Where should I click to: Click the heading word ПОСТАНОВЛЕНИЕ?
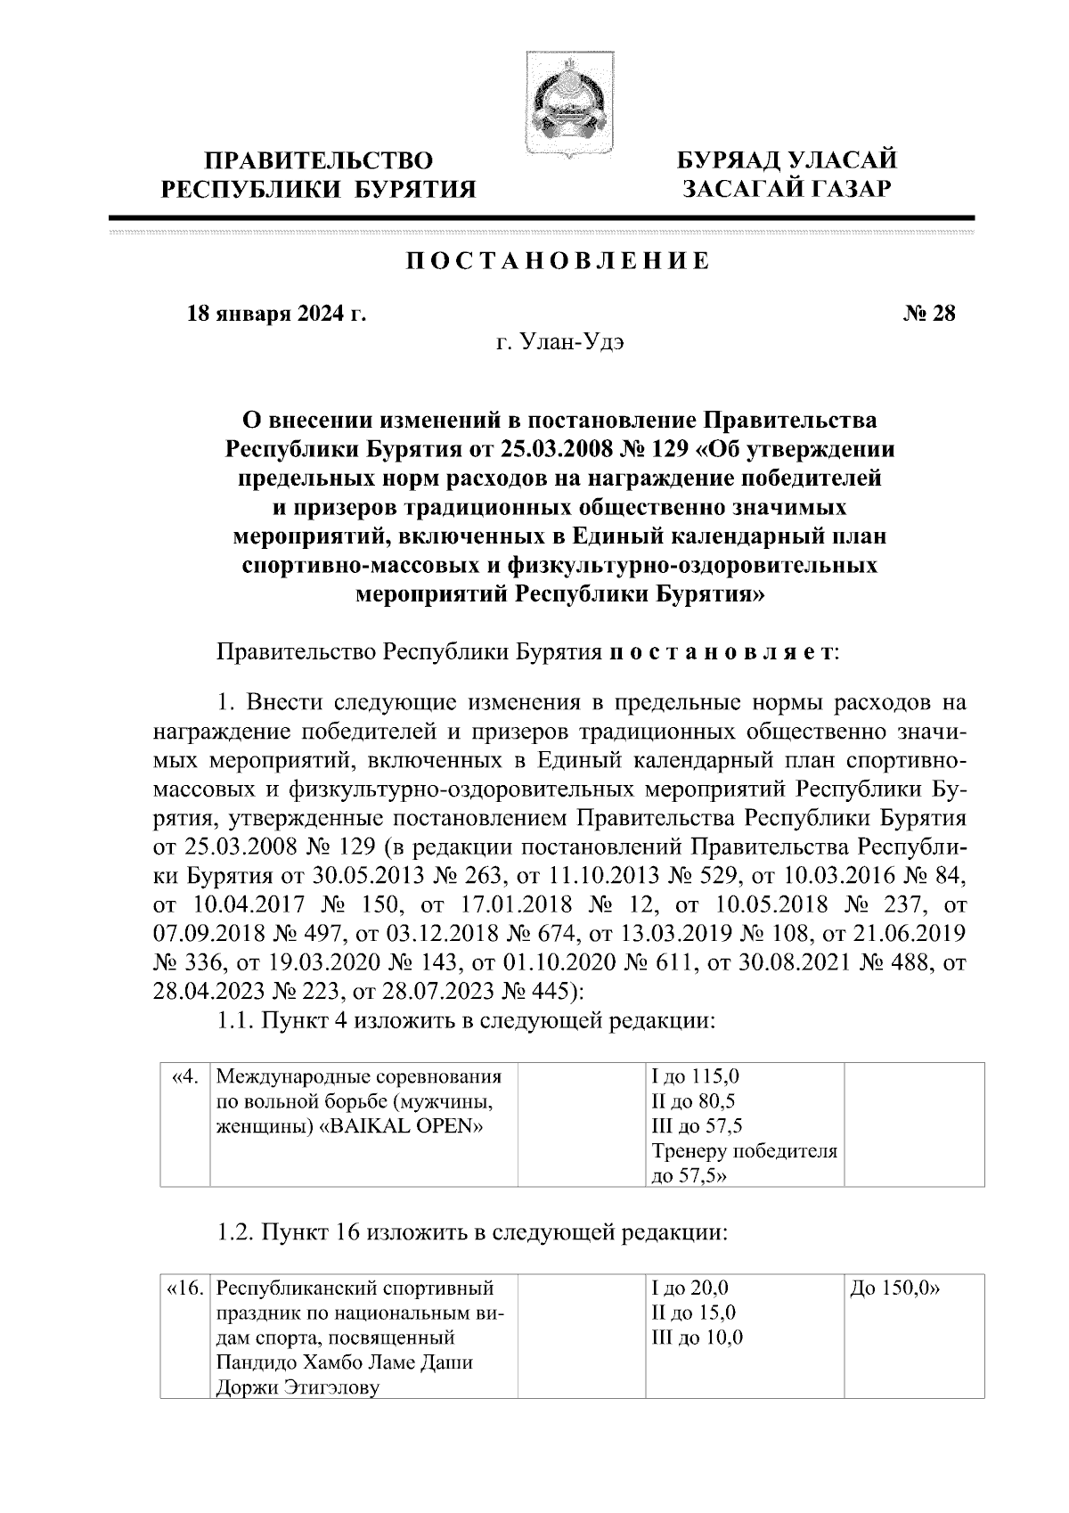point(559,261)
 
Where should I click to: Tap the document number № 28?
point(929,314)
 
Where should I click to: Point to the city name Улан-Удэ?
point(560,344)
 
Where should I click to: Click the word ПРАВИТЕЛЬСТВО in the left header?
point(319,161)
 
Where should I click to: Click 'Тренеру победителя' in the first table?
point(745,1151)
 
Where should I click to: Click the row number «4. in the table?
point(183,1076)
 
